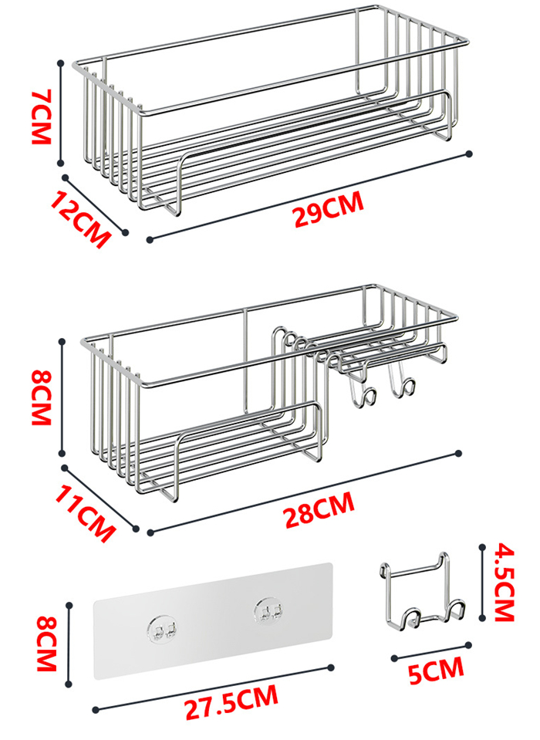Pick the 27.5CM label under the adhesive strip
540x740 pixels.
[231, 701]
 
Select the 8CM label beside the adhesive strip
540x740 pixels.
[46, 643]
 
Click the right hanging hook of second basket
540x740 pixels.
[403, 385]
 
